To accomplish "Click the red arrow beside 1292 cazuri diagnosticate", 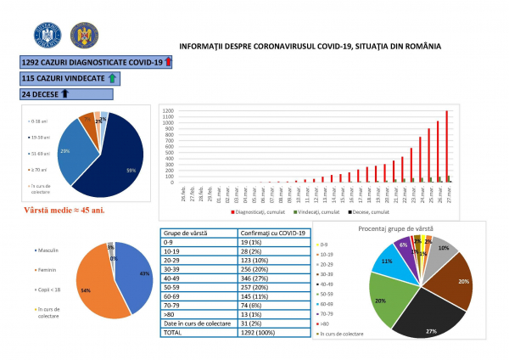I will pos(167,62).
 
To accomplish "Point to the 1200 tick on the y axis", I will pos(168,111).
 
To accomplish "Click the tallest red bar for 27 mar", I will pos(446,146).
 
